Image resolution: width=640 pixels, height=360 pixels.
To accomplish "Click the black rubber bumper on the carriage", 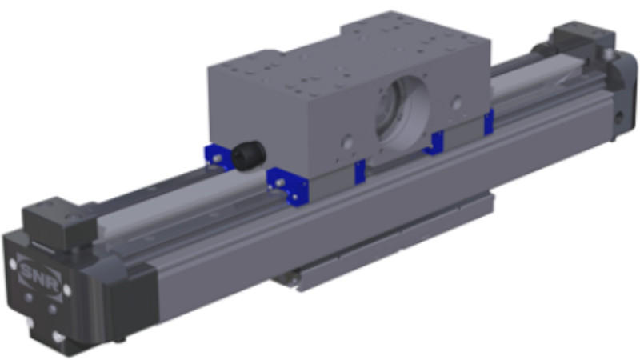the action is pyautogui.click(x=249, y=154).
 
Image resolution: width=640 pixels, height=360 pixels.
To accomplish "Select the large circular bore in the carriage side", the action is pyautogui.click(x=402, y=112).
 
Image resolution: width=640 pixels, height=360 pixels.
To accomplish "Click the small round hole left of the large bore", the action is pyautogui.click(x=347, y=142).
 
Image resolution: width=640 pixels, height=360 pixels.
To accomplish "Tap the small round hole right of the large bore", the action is pyautogui.click(x=457, y=102).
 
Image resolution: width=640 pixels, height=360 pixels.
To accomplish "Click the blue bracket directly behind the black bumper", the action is pyautogui.click(x=217, y=157).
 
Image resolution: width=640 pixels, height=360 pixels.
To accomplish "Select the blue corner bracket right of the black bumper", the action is pyautogui.click(x=288, y=186).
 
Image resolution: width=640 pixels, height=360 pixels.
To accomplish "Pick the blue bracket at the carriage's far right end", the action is pyautogui.click(x=489, y=122).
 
